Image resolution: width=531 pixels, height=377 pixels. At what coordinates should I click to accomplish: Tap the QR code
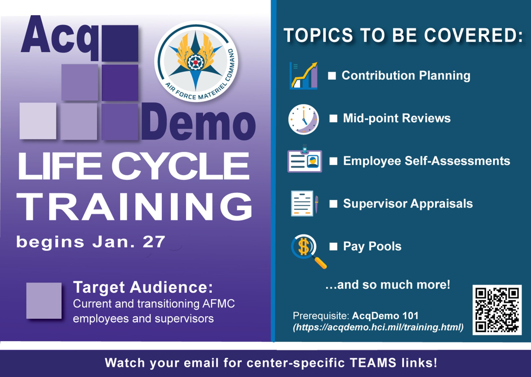click(497, 310)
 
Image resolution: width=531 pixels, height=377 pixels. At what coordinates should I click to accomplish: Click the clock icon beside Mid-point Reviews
click(303, 119)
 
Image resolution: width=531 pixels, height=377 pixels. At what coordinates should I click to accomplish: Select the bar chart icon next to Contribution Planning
click(303, 76)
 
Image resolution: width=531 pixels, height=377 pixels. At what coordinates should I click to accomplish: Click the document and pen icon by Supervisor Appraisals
click(304, 203)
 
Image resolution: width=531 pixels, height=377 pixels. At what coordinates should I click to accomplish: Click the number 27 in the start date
click(154, 242)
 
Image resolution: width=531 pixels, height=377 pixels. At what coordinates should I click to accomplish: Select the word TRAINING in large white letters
click(134, 207)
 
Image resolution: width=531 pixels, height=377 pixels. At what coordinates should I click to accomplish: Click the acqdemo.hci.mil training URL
click(378, 327)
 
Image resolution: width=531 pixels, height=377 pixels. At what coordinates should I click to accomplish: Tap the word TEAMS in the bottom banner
click(373, 363)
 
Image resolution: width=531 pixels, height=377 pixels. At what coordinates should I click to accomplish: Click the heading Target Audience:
click(143, 287)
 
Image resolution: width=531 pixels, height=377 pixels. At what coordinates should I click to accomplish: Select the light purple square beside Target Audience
click(44, 301)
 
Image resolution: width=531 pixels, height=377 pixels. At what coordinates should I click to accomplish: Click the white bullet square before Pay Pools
click(333, 246)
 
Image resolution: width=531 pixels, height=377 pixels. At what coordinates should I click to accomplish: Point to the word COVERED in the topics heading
click(473, 35)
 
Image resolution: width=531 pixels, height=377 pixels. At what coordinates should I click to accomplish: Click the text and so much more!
click(388, 285)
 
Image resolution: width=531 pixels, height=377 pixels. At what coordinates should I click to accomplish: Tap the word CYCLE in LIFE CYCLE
click(180, 166)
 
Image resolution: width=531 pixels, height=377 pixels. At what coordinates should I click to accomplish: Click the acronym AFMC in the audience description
click(218, 304)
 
